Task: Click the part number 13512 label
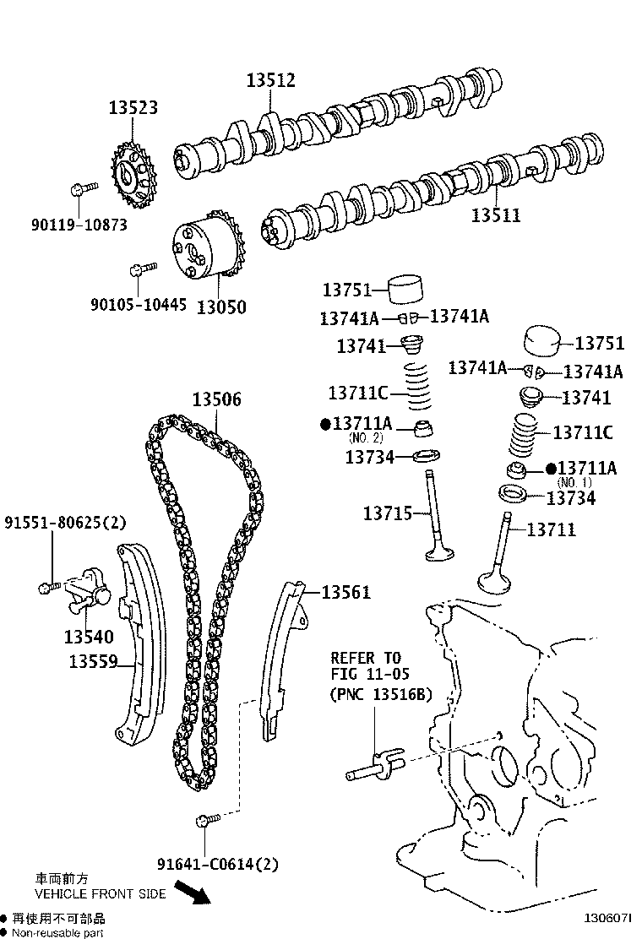(270, 80)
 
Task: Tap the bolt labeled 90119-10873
(82, 189)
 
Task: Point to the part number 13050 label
(220, 307)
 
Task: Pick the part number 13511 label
(496, 215)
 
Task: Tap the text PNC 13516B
(380, 695)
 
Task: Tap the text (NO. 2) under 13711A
(366, 437)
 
